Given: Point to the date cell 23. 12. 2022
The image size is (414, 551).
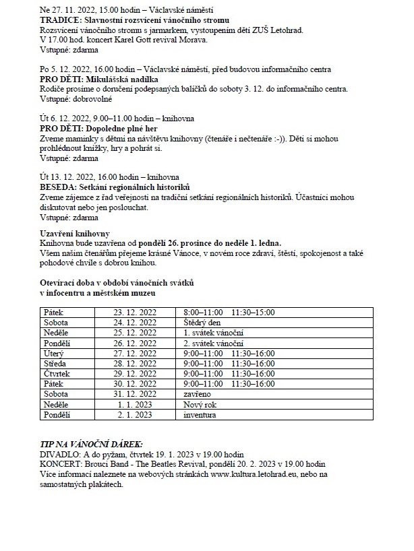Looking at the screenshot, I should [x=135, y=313].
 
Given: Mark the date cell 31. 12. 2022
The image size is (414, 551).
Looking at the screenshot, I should [x=135, y=393].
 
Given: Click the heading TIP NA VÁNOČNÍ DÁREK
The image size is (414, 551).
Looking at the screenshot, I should [x=91, y=445].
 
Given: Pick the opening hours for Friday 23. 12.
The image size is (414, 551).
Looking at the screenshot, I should [x=229, y=313].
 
